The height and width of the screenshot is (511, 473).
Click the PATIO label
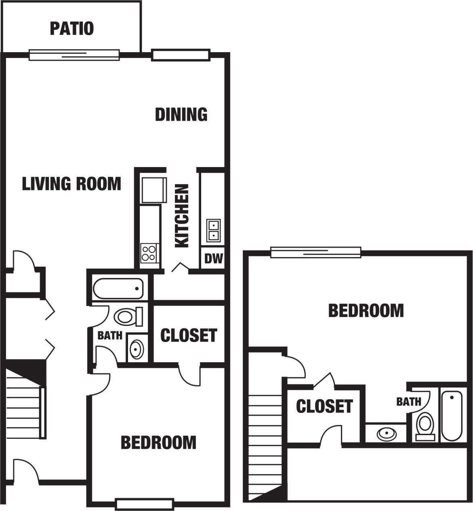(x=71, y=29)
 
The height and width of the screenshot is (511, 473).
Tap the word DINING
(x=181, y=115)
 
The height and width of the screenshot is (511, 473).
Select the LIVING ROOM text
(x=71, y=184)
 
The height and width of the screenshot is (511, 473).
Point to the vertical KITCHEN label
(x=182, y=216)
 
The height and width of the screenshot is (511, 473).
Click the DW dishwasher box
(x=213, y=258)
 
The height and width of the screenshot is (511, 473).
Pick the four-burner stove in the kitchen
(x=149, y=253)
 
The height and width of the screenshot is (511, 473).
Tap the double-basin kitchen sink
(x=213, y=230)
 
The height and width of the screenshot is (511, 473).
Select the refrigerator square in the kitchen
(x=153, y=190)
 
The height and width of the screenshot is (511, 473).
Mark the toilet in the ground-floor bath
(x=128, y=316)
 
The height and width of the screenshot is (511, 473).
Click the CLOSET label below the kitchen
(x=189, y=335)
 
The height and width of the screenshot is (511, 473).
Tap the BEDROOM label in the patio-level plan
(x=158, y=442)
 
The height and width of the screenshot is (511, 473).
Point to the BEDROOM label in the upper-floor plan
(x=366, y=311)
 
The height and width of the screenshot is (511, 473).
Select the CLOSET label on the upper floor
(x=324, y=406)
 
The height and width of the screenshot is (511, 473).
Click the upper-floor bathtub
(x=451, y=416)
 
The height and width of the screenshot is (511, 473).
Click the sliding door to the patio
(x=74, y=54)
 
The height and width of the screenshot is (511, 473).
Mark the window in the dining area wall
(x=181, y=55)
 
